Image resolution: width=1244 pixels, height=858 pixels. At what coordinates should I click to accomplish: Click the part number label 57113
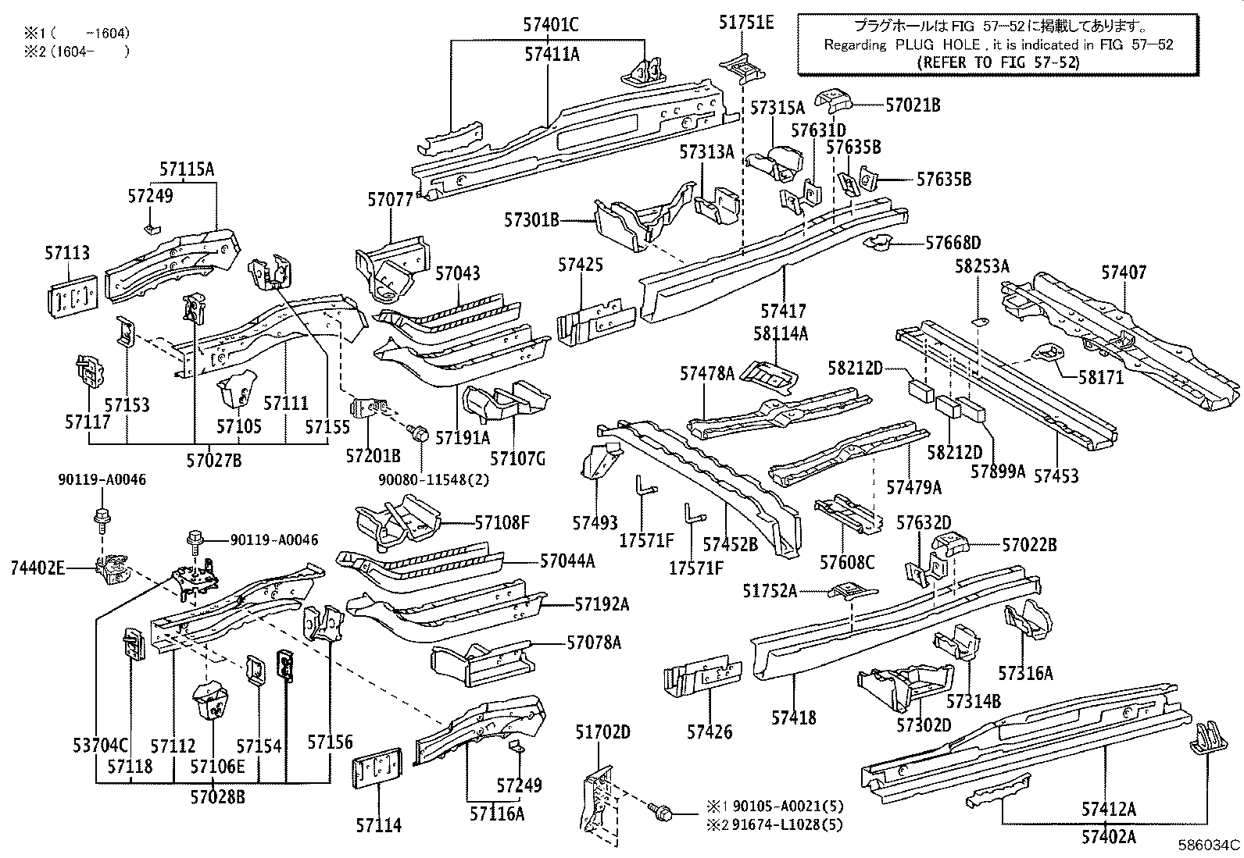point(67,253)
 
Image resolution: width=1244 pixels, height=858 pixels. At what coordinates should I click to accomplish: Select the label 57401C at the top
point(551,25)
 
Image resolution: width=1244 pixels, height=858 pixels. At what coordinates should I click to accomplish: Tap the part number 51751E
point(746,23)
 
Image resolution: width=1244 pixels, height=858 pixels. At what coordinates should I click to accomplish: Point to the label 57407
point(1124,272)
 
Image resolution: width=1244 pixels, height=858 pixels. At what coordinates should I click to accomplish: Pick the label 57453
point(1056,475)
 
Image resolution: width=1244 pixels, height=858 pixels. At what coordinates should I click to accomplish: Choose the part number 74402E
point(38,568)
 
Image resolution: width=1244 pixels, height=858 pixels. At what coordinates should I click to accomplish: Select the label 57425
point(581,265)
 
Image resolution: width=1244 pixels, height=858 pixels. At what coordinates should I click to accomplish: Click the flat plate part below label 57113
point(71,296)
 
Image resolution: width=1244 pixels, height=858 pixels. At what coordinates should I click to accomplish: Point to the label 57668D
point(953,243)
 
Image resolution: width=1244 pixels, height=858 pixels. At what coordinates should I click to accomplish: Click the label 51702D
point(602,732)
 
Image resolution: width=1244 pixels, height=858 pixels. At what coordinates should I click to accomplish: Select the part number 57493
point(595,522)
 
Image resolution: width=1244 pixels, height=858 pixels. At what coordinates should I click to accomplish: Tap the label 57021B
point(913,105)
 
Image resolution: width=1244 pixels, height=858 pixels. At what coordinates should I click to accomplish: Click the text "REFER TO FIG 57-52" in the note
point(998,62)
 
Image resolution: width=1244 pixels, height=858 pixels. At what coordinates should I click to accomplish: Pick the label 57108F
point(502,522)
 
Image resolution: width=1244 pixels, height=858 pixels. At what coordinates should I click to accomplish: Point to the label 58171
point(1101,377)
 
